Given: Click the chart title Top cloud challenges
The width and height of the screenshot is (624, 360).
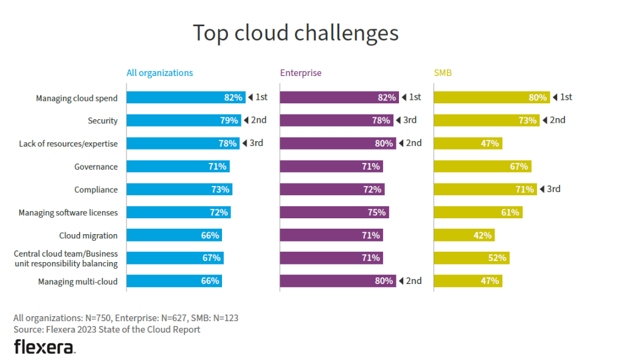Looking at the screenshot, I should click(296, 33).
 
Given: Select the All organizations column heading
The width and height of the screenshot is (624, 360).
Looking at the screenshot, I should click(159, 73).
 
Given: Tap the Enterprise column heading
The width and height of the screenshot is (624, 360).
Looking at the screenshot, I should click(300, 73).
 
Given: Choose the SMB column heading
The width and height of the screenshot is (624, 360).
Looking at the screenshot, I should click(443, 73).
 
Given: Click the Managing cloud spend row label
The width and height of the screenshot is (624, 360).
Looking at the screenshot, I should click(77, 98).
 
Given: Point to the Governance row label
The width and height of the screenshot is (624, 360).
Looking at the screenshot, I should click(96, 167).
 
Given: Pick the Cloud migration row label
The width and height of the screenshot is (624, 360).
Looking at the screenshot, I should click(88, 235).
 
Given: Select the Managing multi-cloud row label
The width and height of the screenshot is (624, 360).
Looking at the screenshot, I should click(78, 282).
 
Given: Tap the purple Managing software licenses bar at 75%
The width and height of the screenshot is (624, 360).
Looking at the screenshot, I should click(334, 212).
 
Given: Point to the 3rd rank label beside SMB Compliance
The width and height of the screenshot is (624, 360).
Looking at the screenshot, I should click(553, 189).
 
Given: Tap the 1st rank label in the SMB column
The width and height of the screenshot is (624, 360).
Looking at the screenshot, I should click(565, 97).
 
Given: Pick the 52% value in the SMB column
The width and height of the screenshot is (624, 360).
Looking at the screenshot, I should click(497, 258).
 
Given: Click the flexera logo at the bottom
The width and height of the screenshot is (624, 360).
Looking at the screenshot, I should click(44, 347).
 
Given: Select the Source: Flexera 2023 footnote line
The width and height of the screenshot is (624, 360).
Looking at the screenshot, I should click(107, 330).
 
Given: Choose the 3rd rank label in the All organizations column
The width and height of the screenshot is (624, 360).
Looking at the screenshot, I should click(255, 144).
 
